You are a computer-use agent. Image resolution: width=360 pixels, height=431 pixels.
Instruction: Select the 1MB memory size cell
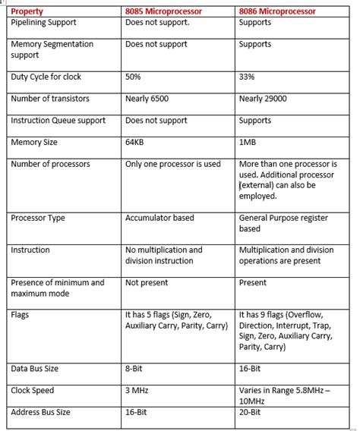[x=248, y=142]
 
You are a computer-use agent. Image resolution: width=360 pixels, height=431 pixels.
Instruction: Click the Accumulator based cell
[x=159, y=218]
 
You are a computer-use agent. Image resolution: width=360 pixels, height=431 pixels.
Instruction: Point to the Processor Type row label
[x=38, y=218]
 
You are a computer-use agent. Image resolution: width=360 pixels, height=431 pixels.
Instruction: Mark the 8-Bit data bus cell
[x=135, y=369]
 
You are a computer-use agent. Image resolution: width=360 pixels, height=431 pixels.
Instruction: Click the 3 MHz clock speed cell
[x=137, y=391]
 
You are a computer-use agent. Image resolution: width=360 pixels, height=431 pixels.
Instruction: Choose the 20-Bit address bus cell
[x=251, y=412]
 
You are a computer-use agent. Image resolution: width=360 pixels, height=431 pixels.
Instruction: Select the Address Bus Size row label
[x=41, y=412]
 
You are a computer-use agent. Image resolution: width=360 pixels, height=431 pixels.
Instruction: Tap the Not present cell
[x=143, y=282]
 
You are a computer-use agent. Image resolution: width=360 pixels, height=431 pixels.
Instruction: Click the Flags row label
[x=21, y=315]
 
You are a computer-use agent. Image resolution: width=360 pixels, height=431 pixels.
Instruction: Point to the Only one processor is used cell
[x=172, y=164]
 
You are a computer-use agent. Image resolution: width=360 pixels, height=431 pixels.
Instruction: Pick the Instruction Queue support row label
[x=58, y=120]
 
